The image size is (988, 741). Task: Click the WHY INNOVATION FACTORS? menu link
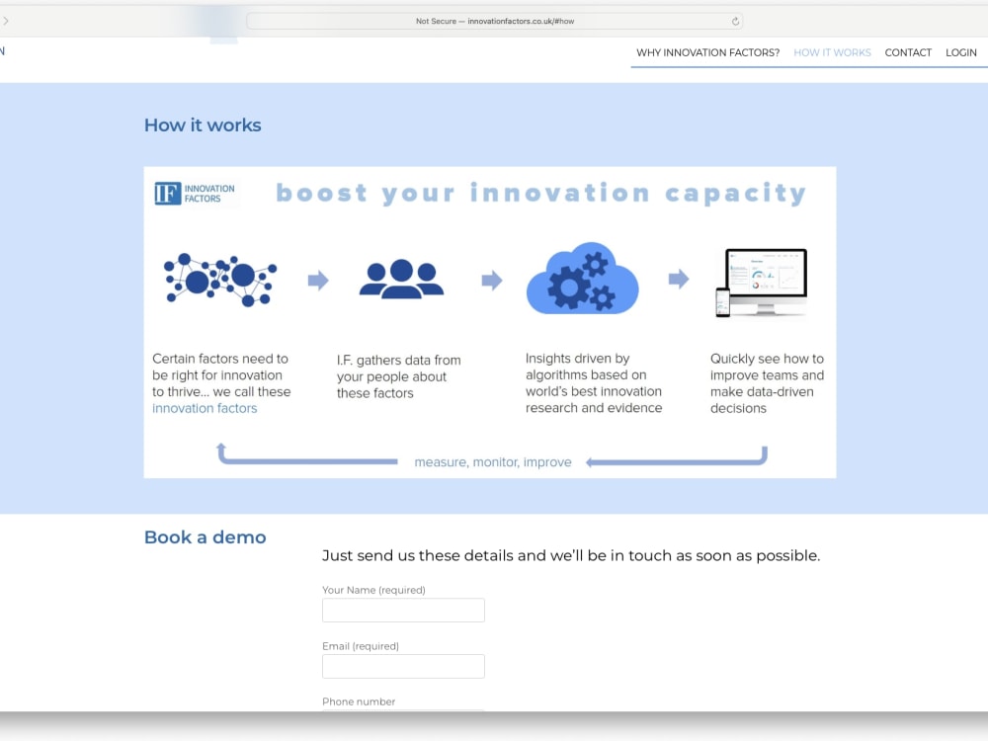(x=707, y=52)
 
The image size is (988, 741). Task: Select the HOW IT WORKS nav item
(x=832, y=52)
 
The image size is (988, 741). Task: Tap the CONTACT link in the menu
(x=908, y=52)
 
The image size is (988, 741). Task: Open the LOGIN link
(x=960, y=52)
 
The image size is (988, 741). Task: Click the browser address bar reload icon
(x=735, y=21)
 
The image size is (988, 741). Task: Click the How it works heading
(x=203, y=125)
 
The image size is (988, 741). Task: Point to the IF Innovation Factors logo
(x=195, y=194)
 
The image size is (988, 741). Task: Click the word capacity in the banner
(x=735, y=194)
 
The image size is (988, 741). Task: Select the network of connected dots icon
(x=220, y=280)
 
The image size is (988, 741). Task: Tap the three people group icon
(x=401, y=280)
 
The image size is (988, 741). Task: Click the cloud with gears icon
(x=583, y=279)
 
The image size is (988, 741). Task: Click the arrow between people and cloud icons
(x=491, y=281)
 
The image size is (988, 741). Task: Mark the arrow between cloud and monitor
(x=678, y=280)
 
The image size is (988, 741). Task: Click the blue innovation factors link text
(x=205, y=408)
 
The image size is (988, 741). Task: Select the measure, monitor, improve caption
(x=492, y=462)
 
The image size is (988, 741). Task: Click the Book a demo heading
(x=205, y=537)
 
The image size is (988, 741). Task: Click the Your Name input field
(x=403, y=611)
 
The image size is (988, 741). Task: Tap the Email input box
(x=403, y=666)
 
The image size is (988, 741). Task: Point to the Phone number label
(x=359, y=701)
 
